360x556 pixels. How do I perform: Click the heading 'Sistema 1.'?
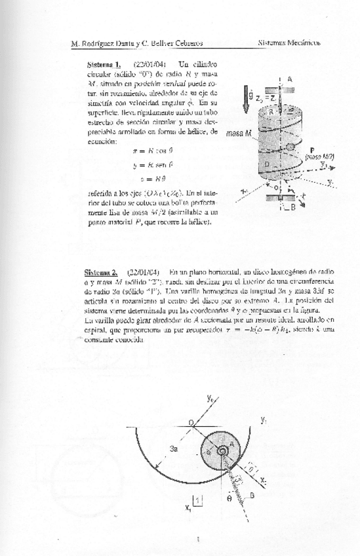click(x=104, y=64)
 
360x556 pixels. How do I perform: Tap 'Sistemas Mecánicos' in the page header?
click(x=289, y=43)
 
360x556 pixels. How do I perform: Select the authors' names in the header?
click(x=136, y=43)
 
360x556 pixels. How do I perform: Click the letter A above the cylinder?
click(x=289, y=79)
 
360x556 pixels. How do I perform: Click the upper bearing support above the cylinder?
click(x=280, y=86)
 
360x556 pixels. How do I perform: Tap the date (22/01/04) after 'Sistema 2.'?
click(x=142, y=271)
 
